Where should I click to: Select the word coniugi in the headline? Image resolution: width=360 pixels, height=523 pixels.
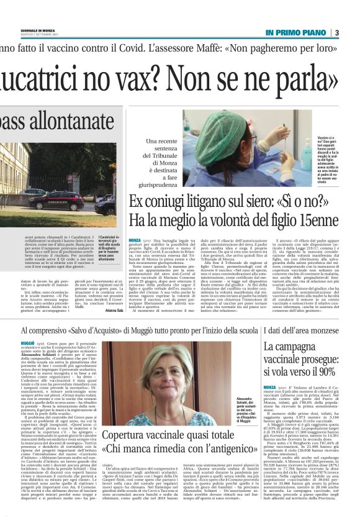[164, 203]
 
